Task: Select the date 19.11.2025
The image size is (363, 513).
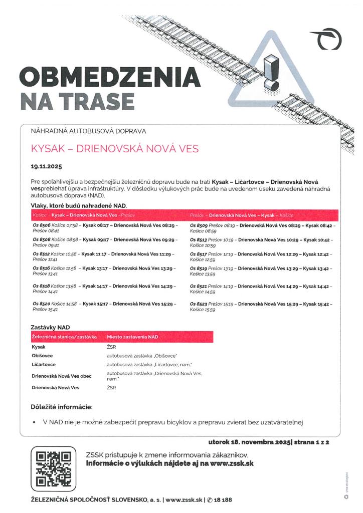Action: tap(46, 165)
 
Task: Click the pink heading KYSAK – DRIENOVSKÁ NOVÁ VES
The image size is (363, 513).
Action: tap(115, 149)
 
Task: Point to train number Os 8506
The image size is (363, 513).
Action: tap(42, 226)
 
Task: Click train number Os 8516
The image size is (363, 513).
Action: tap(42, 269)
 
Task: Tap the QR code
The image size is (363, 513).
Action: tap(53, 469)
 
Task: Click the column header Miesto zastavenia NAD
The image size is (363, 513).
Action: tap(132, 337)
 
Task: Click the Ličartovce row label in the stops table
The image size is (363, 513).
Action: tap(44, 364)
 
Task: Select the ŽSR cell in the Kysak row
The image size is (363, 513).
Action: tap(111, 346)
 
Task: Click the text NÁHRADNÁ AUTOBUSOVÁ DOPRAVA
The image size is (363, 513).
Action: tap(89, 131)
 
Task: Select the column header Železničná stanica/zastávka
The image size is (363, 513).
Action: tap(64, 337)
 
